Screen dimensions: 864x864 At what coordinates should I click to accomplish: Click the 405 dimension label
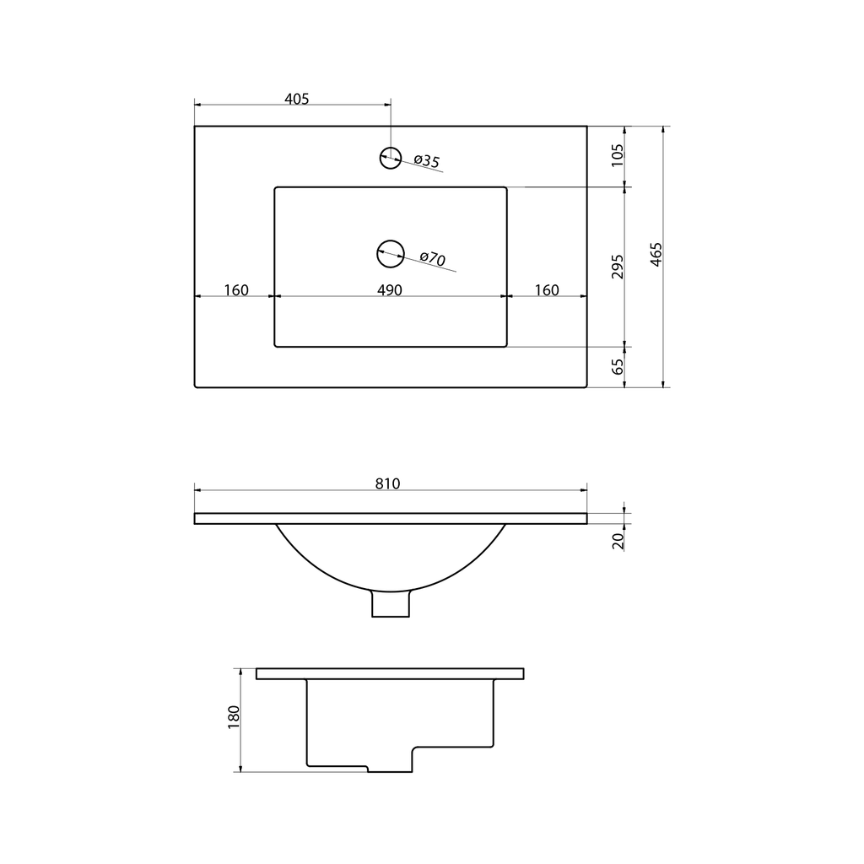coord(296,99)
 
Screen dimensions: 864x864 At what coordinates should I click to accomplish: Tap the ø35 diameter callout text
coord(426,161)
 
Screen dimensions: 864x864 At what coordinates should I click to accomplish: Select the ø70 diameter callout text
coord(433,258)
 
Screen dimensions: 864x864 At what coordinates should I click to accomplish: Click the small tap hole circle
coord(390,158)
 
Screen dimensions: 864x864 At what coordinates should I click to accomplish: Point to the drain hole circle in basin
coord(390,254)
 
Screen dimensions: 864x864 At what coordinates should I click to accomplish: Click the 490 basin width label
coord(390,290)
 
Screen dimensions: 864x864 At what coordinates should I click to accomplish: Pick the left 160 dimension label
coord(236,290)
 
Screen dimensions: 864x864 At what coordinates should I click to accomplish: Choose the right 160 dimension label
coord(547,290)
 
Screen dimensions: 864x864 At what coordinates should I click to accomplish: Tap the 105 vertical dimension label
coord(618,155)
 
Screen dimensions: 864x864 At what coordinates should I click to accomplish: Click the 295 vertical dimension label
coord(618,267)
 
